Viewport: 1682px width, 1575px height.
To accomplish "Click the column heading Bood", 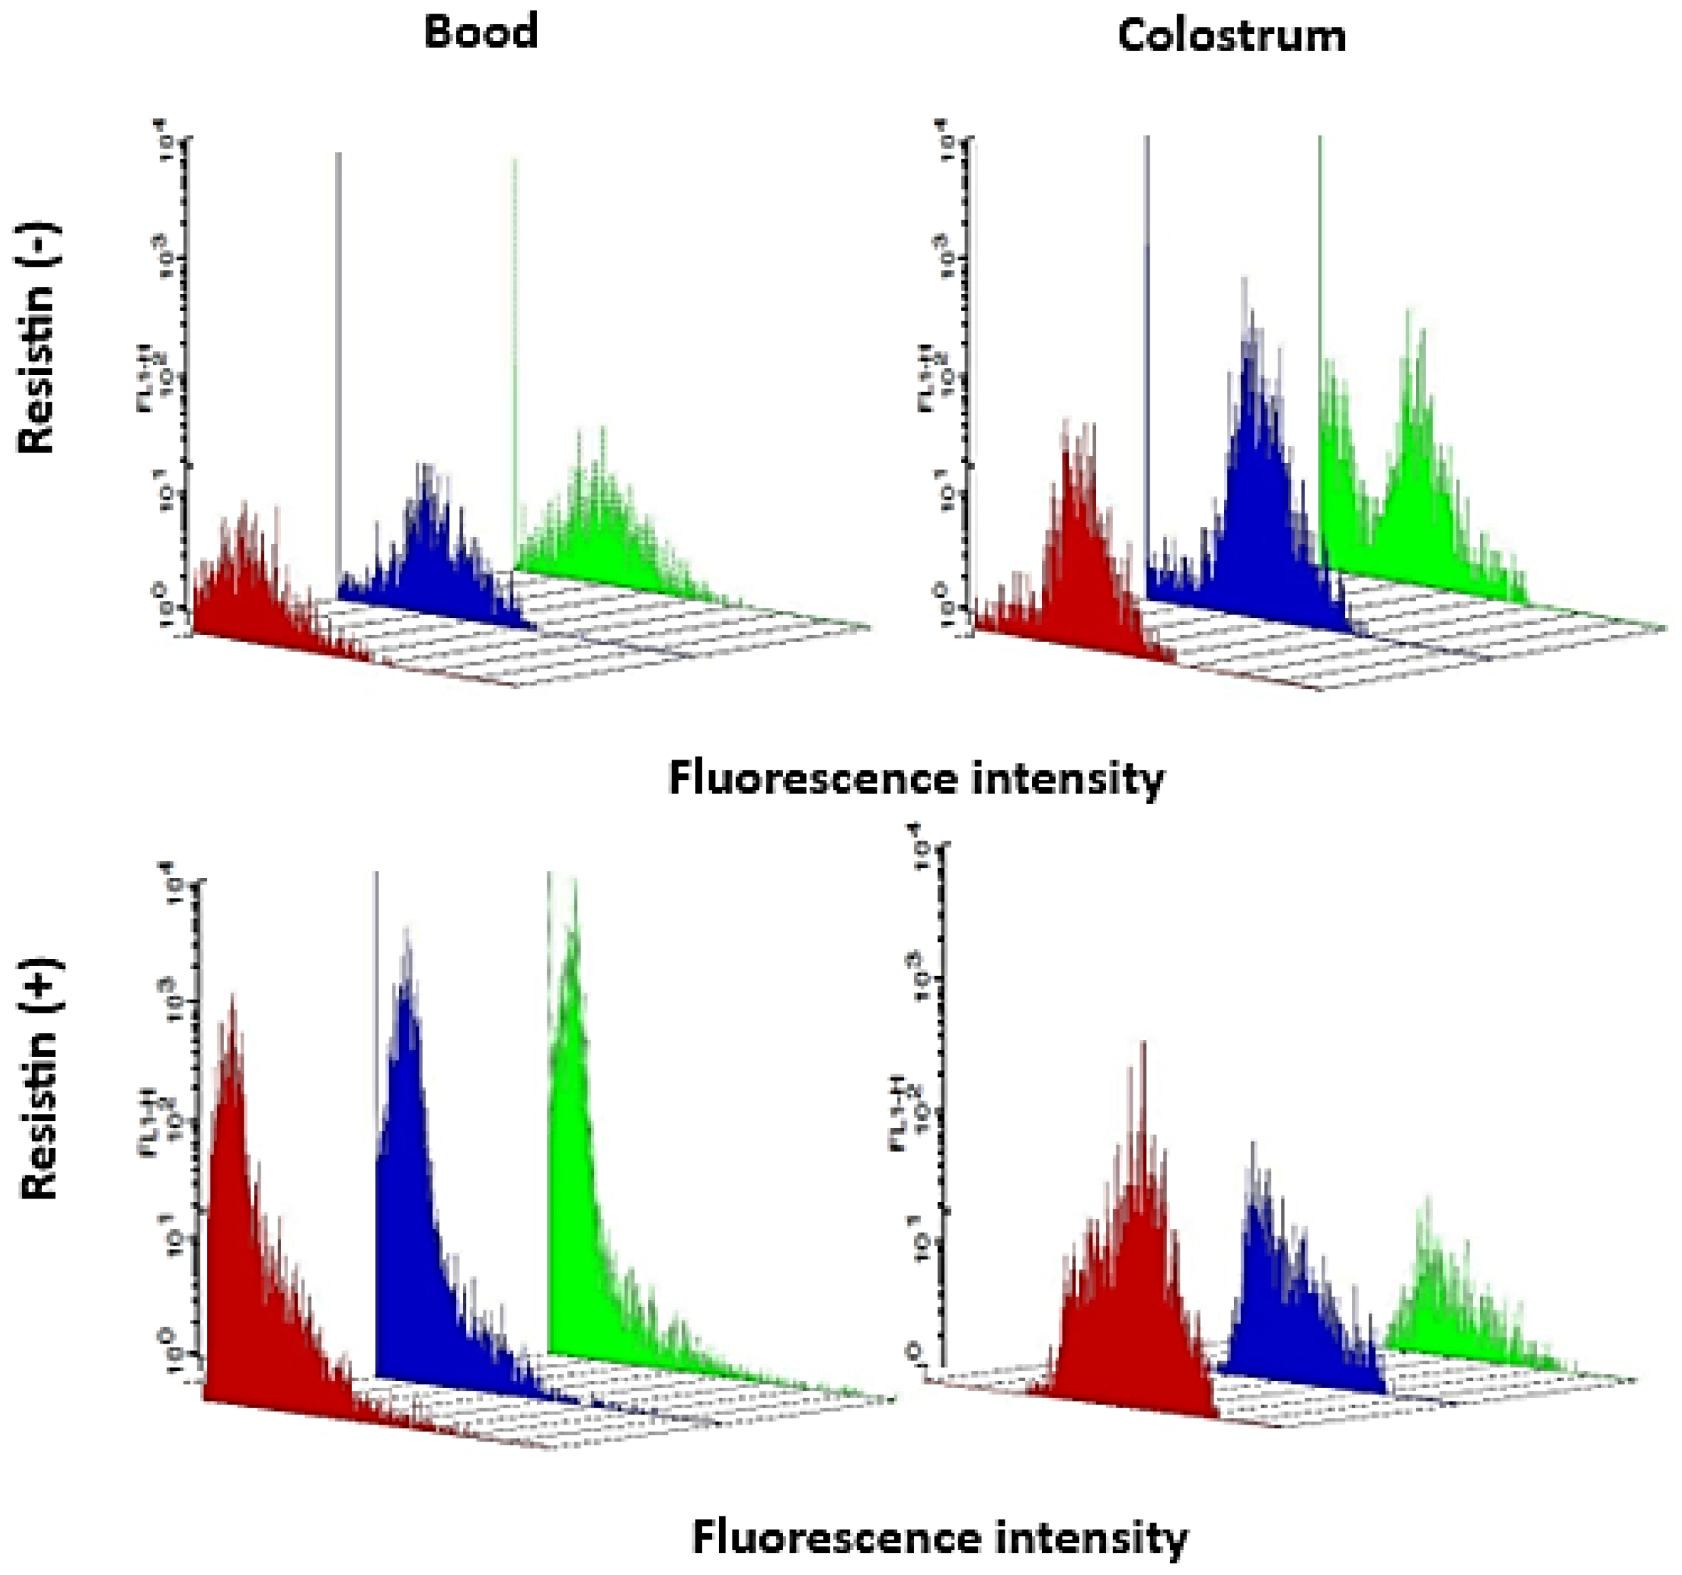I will point(481,32).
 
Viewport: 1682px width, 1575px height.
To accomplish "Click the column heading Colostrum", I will point(1231,36).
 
